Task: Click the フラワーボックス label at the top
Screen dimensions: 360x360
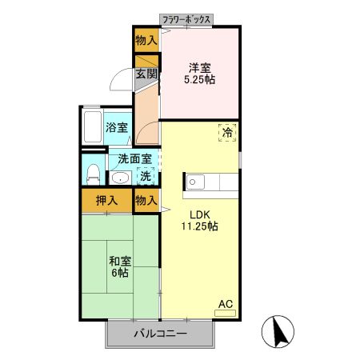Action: click(x=186, y=18)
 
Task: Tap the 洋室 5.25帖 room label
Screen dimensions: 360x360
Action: click(x=201, y=73)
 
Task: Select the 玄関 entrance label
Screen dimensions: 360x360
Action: click(x=146, y=75)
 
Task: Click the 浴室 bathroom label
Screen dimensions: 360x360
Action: click(x=117, y=126)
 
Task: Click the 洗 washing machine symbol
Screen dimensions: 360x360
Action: click(x=146, y=176)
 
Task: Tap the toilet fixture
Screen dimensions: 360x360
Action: click(x=92, y=173)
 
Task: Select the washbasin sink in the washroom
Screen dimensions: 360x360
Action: click(x=121, y=178)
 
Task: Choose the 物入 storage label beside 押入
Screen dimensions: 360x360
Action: click(x=146, y=200)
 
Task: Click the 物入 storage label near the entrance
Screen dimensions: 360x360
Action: click(x=146, y=39)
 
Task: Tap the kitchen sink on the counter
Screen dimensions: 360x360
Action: click(x=195, y=182)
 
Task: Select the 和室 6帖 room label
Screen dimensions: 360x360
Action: click(x=120, y=266)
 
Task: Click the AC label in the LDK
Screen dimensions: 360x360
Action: click(x=226, y=305)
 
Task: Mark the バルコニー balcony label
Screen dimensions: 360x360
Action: click(x=159, y=334)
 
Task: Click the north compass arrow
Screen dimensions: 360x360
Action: click(x=279, y=331)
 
